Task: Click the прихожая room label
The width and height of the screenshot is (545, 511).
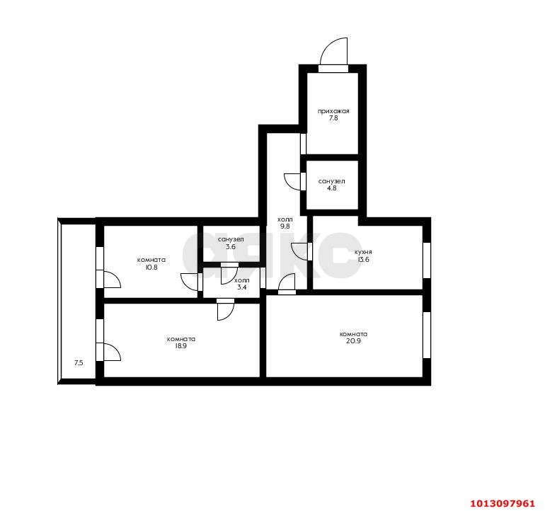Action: [x=333, y=111]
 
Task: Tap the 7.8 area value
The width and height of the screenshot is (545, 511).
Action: [x=333, y=118]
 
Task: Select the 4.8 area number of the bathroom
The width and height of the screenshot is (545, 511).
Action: [x=331, y=188]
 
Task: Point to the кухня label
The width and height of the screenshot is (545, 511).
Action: [x=363, y=252]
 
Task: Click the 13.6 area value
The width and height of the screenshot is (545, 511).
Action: [x=363, y=259]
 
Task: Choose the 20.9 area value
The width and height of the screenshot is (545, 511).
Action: [x=353, y=341]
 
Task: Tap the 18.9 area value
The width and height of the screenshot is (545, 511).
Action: [x=181, y=346]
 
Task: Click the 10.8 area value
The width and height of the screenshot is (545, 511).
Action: [x=151, y=267]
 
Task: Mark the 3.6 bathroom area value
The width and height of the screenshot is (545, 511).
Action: [x=231, y=246]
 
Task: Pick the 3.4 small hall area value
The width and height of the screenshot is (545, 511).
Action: [x=242, y=287]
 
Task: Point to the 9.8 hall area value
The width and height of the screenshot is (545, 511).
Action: [x=285, y=226]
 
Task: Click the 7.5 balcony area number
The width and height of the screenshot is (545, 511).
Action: [x=79, y=363]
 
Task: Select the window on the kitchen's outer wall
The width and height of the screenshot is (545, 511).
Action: [x=427, y=260]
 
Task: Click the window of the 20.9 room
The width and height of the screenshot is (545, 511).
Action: [x=427, y=335]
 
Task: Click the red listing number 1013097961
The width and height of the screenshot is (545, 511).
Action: [x=503, y=503]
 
